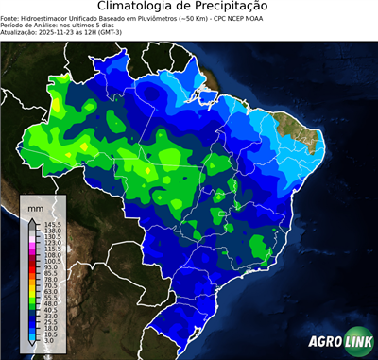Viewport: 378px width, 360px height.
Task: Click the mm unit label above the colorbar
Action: coord(35,207)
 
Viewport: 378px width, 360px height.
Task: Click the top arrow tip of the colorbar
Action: coord(32,218)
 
